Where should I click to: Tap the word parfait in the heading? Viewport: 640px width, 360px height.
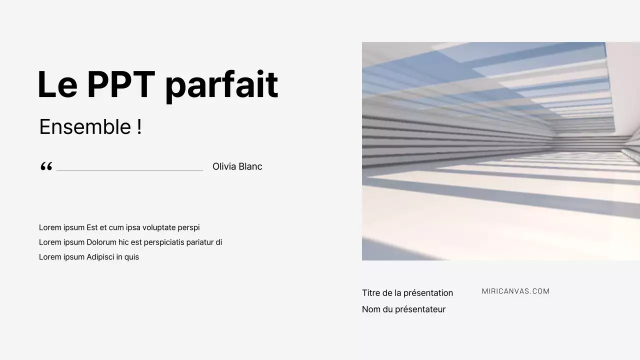[221, 85]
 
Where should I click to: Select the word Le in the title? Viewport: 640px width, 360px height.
[57, 85]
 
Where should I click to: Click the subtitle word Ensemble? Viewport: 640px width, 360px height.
[85, 127]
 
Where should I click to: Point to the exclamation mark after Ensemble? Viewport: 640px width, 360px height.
[139, 127]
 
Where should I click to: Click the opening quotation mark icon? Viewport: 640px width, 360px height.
[46, 166]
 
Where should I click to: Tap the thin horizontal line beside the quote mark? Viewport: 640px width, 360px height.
[129, 170]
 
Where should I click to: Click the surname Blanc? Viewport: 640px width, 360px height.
[250, 166]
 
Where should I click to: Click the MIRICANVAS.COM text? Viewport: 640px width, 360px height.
[515, 291]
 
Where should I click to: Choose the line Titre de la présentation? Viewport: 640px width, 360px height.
[407, 293]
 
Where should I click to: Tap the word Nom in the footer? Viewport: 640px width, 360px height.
[371, 309]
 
